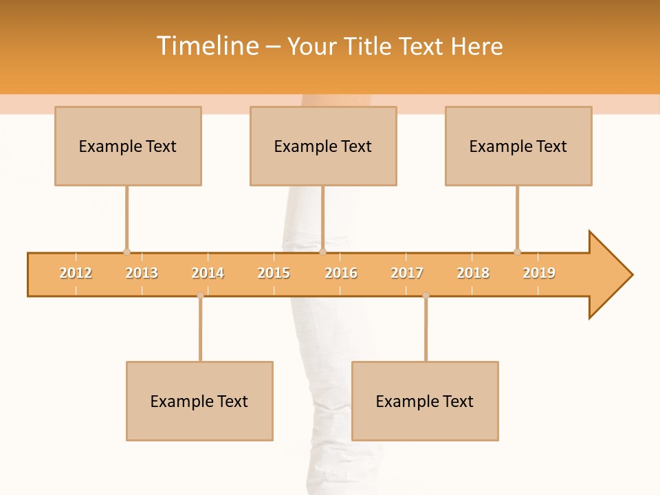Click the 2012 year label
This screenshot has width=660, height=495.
[x=76, y=273]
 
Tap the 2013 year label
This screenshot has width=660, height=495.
[x=142, y=273]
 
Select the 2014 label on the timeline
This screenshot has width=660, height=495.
[x=208, y=273]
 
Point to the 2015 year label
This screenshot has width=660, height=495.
[x=274, y=273]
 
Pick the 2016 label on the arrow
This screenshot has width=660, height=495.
[x=341, y=273]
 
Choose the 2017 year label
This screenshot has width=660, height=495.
[x=407, y=273]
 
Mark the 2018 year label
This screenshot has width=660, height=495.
[x=473, y=273]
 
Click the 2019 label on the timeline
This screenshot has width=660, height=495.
[x=539, y=273]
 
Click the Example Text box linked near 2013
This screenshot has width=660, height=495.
[x=128, y=146]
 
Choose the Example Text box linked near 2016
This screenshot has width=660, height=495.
[x=323, y=146]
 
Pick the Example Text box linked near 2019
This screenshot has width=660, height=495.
[x=518, y=146]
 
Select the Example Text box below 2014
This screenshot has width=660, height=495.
[x=199, y=401]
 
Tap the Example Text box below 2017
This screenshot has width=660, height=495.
[x=425, y=401]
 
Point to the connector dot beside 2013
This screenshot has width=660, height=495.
[x=126, y=252]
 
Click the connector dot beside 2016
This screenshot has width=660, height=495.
[x=323, y=252]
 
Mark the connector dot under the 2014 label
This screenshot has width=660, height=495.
[x=200, y=296]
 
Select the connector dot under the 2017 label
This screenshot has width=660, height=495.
[x=426, y=296]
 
